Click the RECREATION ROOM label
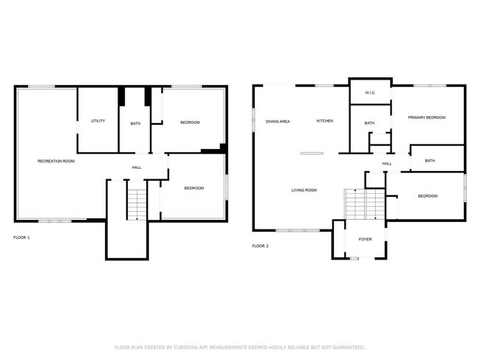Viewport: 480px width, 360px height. click(x=56, y=162)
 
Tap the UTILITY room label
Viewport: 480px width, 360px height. click(x=98, y=121)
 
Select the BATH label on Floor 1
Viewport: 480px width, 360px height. click(x=135, y=124)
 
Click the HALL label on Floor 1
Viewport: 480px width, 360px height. click(x=137, y=167)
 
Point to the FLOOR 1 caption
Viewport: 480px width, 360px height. click(x=21, y=238)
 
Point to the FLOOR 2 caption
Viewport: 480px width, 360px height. click(x=260, y=246)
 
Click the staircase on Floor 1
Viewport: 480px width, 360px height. click(x=137, y=204)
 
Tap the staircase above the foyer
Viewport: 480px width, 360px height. click(x=365, y=204)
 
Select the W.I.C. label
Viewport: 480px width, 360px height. click(x=370, y=93)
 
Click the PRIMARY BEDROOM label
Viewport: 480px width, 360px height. click(x=427, y=117)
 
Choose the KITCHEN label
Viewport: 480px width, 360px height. click(x=325, y=121)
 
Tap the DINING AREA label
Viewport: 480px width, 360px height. click(x=278, y=122)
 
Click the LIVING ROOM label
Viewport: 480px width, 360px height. click(x=304, y=190)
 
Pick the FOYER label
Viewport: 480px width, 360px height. click(x=366, y=240)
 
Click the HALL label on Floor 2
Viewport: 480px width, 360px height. click(x=387, y=164)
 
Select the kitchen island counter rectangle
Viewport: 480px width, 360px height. click(x=312, y=153)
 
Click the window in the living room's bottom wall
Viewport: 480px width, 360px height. click(x=298, y=230)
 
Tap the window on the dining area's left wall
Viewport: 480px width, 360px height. click(x=253, y=120)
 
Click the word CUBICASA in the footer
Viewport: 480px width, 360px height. click(x=186, y=347)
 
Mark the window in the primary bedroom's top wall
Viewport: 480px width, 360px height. click(x=430, y=86)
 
